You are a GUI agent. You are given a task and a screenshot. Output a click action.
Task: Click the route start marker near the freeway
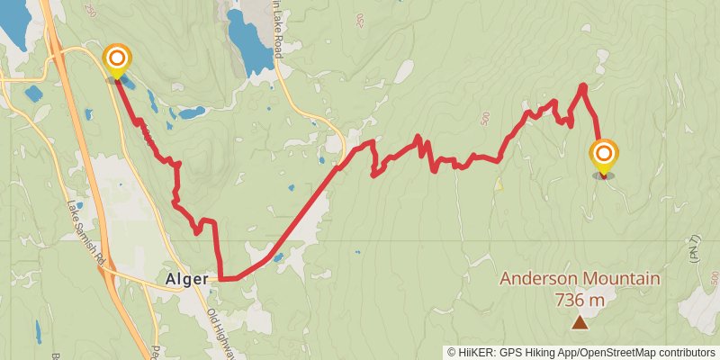[x=117, y=61]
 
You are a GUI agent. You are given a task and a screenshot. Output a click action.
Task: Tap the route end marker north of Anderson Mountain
[x=603, y=156]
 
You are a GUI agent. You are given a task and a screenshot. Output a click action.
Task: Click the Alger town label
[x=186, y=279]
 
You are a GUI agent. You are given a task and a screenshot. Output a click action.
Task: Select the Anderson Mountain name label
[x=580, y=279]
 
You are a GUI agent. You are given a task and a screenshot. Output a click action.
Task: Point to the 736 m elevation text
[x=580, y=299]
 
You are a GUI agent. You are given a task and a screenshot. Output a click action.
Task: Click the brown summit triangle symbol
[x=580, y=321]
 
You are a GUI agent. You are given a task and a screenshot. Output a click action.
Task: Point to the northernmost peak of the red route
[x=583, y=86]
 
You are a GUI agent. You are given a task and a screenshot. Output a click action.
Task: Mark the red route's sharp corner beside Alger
[x=220, y=279]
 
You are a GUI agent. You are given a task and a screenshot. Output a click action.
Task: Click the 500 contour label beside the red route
[x=486, y=117]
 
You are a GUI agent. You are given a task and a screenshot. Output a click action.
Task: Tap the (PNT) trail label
[x=694, y=247]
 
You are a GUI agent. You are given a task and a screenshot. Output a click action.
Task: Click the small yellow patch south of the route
[x=498, y=184]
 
